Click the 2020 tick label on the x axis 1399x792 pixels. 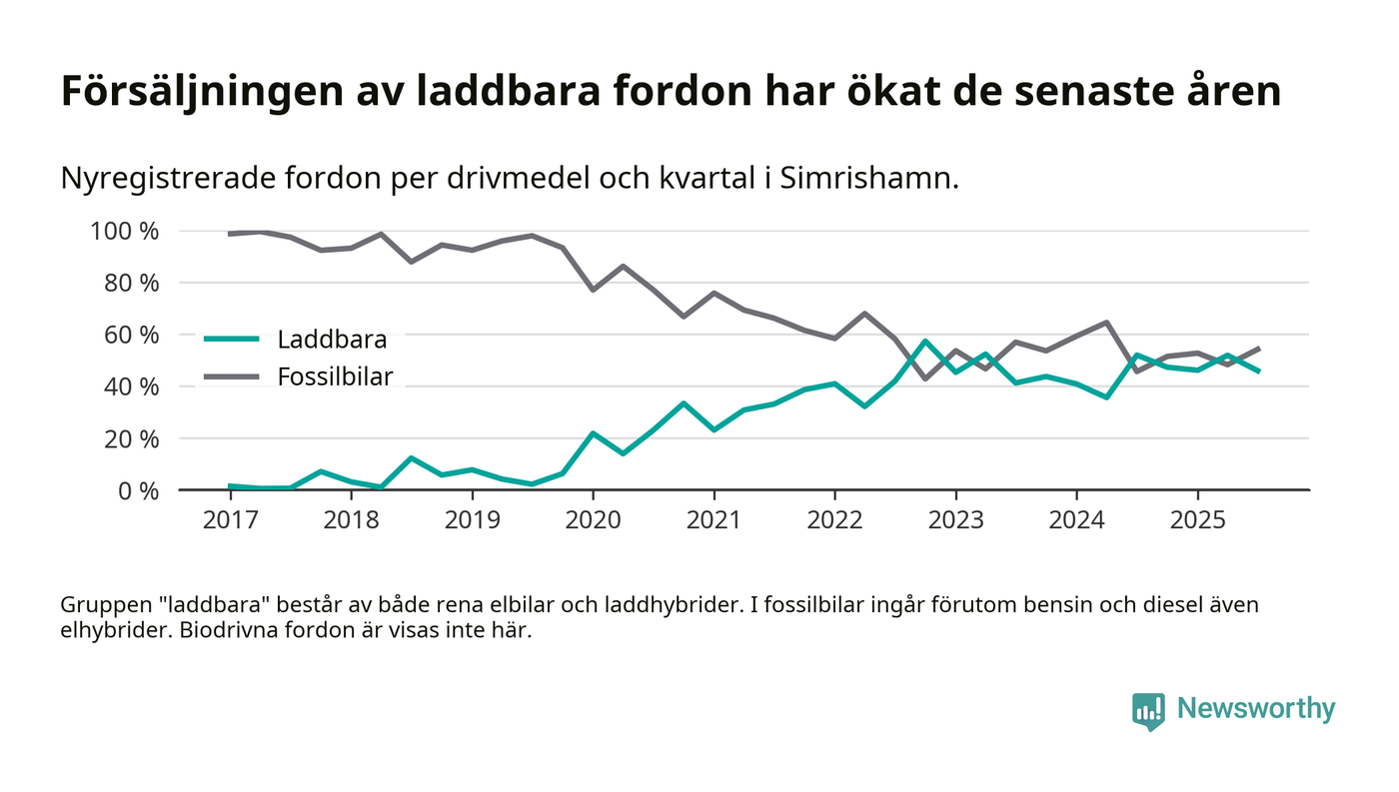593,521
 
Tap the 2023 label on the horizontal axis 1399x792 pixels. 955,521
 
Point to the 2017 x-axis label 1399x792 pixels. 230,521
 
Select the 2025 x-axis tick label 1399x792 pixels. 1197,521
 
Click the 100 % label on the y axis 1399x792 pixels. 125,232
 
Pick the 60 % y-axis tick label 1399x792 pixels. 131,335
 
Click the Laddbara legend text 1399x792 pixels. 332,340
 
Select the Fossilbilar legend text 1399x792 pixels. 335,377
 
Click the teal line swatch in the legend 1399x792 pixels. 231,340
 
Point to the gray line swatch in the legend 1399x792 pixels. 231,377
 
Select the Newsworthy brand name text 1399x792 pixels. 1255,709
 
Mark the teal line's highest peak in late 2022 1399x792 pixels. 925,342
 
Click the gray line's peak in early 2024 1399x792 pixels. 1106,323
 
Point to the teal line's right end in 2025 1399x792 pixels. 1258,371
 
